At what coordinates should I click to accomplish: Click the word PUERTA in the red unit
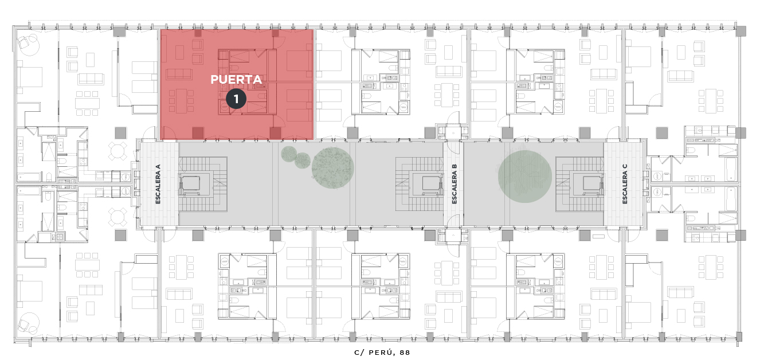236,80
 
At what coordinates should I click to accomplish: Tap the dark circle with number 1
236,99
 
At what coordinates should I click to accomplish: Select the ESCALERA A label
158,184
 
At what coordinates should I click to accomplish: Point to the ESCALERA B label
454,184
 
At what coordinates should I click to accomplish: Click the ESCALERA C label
625,184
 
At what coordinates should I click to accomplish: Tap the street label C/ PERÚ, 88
382,353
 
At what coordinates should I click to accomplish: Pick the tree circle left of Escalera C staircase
524,177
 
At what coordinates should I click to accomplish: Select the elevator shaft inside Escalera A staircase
191,183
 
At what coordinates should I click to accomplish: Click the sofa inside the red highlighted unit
178,75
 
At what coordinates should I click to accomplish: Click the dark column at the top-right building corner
741,31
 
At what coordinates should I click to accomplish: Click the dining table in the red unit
181,101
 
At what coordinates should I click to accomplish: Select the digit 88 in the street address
405,353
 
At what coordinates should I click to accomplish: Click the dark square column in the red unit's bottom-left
198,133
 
